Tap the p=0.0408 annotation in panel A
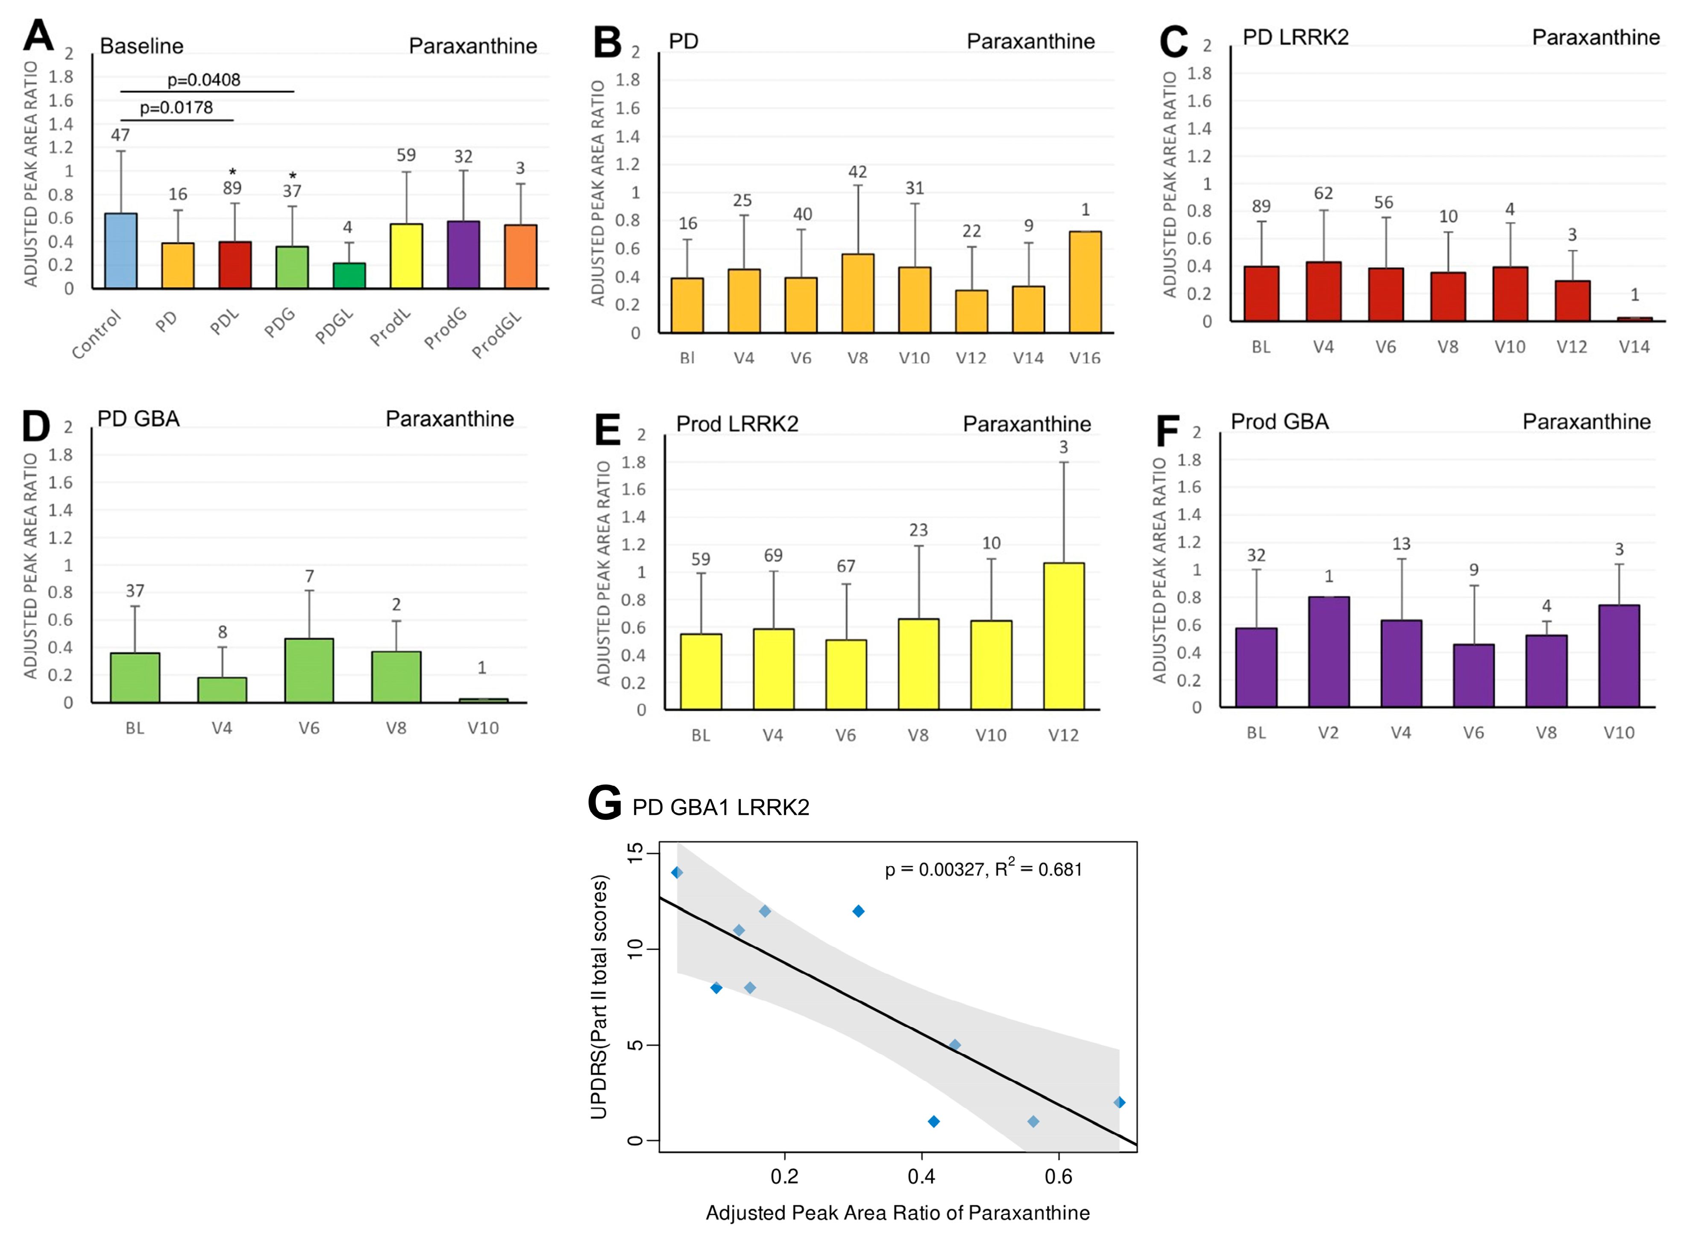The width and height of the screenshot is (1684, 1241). pos(204,79)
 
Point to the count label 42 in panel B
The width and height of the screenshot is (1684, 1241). pos(857,172)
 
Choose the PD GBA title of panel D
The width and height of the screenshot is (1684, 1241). pos(138,419)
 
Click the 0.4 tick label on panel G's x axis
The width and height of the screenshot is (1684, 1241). pos(921,1177)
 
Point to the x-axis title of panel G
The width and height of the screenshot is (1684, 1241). pos(897,1213)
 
